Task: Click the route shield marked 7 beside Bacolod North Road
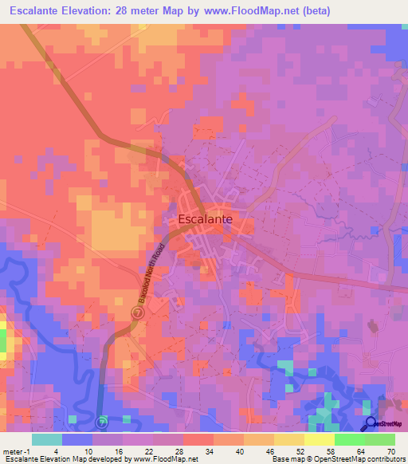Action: pos(137,313)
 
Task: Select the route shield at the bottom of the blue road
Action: pos(101,422)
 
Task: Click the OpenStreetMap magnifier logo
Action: pos(371,425)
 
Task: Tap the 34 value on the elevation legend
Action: pos(213,452)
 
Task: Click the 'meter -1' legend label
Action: pos(17,452)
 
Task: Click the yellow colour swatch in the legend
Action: pos(319,439)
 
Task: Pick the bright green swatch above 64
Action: pos(349,439)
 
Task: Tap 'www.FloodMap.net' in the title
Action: pos(239,10)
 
